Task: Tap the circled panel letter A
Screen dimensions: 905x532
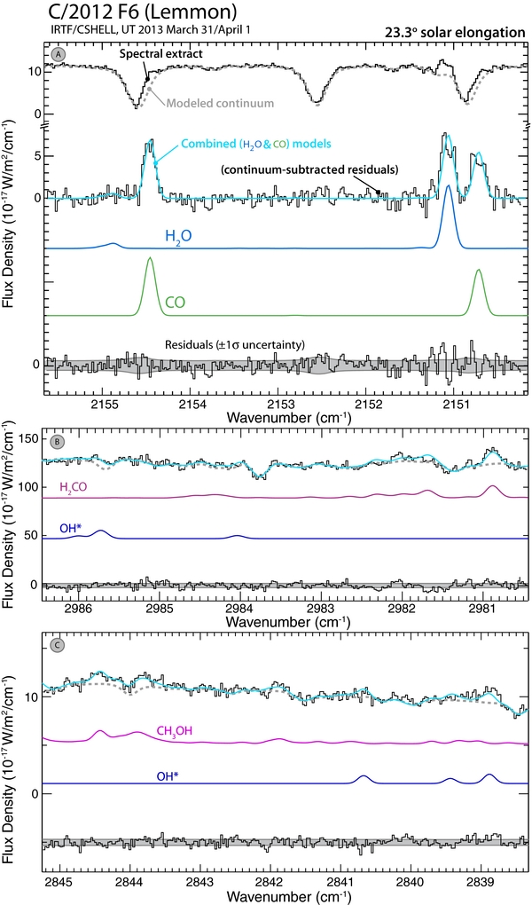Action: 59,55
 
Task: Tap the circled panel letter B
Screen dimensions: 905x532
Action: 59,442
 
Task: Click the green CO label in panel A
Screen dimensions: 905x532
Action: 176,303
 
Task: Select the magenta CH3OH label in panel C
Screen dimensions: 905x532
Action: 178,730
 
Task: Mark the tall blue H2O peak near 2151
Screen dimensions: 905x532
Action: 449,186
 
